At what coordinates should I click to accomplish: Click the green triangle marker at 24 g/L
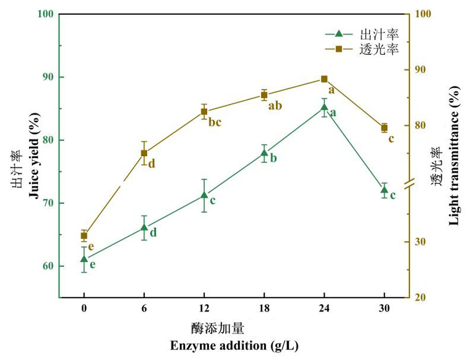[x=324, y=108]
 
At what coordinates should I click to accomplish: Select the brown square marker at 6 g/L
[x=144, y=153]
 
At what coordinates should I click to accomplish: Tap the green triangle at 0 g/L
[x=84, y=259]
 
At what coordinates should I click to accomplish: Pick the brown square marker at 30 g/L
[x=384, y=127]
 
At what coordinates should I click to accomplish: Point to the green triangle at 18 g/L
[x=264, y=153]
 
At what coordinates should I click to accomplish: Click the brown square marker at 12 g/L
[x=204, y=112]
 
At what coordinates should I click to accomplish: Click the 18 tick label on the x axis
[x=264, y=308]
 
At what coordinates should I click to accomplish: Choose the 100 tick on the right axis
[x=422, y=14]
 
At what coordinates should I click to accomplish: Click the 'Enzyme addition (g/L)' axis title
[x=234, y=346]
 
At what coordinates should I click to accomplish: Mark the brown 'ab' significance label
[x=275, y=106]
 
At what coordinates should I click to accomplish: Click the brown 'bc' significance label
[x=214, y=123]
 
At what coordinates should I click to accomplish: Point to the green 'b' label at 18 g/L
[x=274, y=158]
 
